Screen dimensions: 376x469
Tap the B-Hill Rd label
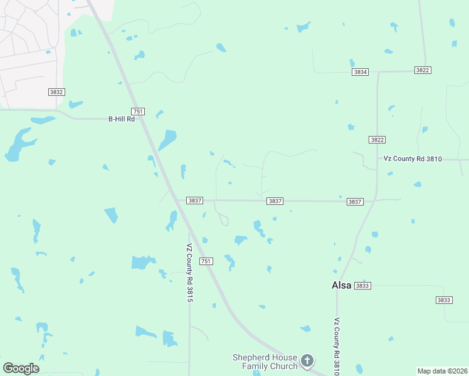coord(122,118)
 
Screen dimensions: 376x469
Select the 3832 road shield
coord(56,91)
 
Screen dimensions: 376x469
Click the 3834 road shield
coord(360,72)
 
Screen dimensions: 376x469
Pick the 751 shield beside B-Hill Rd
coord(139,112)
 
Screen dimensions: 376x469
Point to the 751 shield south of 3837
coord(206,261)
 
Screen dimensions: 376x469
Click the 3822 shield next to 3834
coord(423,70)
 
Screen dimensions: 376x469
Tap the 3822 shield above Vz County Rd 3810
coord(377,140)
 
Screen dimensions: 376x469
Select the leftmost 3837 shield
coord(194,201)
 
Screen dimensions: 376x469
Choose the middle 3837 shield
coord(275,201)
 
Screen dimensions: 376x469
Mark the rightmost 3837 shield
coord(355,201)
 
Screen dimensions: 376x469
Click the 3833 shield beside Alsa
coord(362,285)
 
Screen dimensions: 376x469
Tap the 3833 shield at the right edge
coord(444,300)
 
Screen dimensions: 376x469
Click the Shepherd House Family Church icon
coord(307,360)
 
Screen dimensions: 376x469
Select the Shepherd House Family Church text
coord(265,362)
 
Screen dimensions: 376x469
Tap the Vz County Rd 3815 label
coord(189,273)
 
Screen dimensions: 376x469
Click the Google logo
coord(21,368)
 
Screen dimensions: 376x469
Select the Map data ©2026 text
coord(442,371)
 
